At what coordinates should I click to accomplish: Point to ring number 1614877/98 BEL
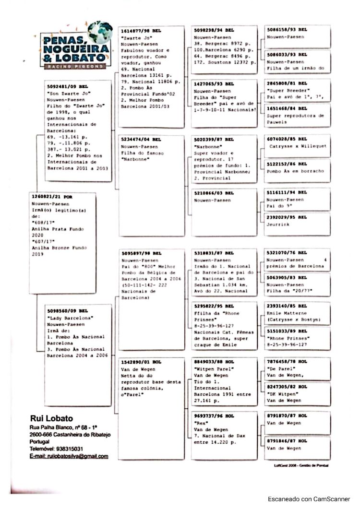(x=141, y=30)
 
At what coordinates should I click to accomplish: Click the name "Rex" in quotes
(x=201, y=424)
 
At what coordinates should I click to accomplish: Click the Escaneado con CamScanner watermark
(x=309, y=498)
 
